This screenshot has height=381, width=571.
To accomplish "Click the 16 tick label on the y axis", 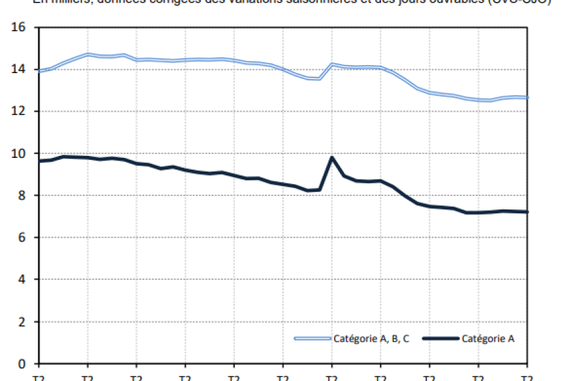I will [18, 27].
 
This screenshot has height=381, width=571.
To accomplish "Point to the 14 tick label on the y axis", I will [18, 69].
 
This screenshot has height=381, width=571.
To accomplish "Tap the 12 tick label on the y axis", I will [18, 112].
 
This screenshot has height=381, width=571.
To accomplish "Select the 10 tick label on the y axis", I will [18, 153].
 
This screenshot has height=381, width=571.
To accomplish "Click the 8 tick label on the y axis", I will [21, 196].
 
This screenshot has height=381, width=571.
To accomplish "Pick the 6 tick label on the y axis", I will [21, 237].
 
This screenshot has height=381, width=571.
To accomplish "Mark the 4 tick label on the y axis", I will [21, 279].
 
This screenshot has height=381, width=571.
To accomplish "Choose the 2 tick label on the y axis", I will [21, 322].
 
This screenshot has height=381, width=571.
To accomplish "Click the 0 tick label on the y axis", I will [21, 363].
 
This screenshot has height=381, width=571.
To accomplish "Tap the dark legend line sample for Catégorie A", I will [440, 338].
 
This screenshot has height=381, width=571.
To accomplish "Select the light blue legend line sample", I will [313, 338].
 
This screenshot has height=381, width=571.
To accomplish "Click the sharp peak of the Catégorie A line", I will [332, 157].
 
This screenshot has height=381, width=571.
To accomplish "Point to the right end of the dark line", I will [527, 212].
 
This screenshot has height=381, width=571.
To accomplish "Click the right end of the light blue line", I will [527, 98].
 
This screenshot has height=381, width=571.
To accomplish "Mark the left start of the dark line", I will [39, 161].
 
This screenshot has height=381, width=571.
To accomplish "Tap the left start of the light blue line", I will [39, 71].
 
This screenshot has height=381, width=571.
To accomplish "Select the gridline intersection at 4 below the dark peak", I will [332, 279].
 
